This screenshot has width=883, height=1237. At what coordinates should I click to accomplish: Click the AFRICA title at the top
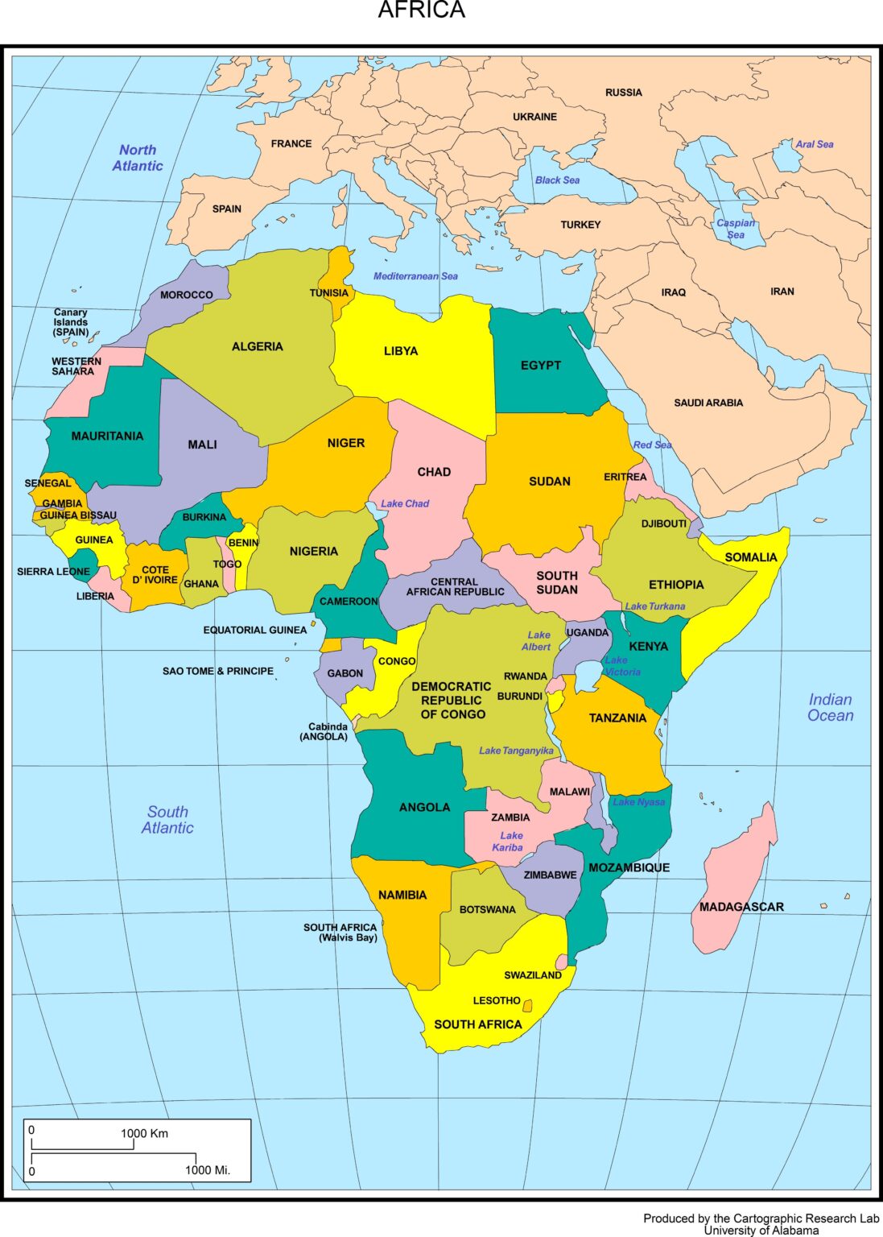tap(421, 10)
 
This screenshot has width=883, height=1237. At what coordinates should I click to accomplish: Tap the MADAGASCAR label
tap(741, 907)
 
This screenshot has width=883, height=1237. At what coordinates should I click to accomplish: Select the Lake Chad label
tap(405, 503)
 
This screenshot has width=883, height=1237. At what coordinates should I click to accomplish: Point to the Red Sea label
tap(652, 445)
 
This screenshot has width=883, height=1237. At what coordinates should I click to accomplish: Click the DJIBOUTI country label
tap(664, 523)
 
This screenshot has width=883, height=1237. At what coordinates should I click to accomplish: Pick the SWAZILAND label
tap(533, 975)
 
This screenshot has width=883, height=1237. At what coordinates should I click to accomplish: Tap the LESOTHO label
tap(497, 1000)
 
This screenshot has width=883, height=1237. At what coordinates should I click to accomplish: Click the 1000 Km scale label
tap(144, 1133)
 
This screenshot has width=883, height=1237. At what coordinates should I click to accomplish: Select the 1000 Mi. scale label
tap(208, 1170)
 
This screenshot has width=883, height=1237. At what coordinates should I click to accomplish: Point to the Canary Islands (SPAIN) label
tap(71, 322)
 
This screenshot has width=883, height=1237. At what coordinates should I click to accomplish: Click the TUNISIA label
tap(329, 293)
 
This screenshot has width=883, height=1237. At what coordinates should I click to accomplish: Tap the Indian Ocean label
tap(830, 707)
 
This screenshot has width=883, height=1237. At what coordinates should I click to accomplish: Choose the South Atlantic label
tap(167, 820)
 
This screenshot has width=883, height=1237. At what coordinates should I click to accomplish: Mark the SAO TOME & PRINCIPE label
tap(218, 671)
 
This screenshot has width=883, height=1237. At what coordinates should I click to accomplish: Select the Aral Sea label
tap(815, 144)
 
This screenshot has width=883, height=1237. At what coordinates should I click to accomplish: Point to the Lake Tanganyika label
tap(516, 751)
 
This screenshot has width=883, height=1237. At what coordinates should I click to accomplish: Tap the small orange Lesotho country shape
tap(527, 1006)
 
